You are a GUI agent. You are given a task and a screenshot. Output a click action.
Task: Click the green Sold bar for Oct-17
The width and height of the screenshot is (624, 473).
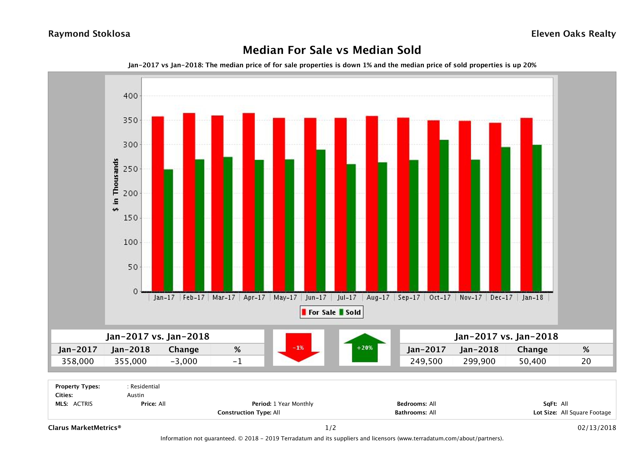[x=444, y=216]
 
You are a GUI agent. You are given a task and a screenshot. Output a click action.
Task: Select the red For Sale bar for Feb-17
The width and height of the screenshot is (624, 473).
[x=189, y=202]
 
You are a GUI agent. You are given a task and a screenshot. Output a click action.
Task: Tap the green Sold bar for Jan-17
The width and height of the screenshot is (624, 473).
[x=168, y=230]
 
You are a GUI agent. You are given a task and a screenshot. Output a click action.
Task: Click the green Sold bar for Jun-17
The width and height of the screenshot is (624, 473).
[x=321, y=220]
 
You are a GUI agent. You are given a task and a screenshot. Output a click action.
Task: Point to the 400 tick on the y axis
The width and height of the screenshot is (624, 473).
[x=130, y=96]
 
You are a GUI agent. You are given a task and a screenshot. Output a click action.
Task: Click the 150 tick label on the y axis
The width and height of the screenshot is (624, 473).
[x=130, y=218]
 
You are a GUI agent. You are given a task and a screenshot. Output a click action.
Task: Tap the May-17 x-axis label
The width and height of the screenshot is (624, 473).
[x=285, y=297]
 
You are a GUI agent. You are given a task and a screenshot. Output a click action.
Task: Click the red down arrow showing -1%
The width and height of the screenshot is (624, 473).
[x=298, y=348]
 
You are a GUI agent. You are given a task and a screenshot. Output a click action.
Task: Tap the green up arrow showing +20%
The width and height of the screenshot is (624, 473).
[x=365, y=348]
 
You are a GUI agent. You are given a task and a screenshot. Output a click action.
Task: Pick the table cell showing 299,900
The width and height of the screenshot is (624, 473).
[x=479, y=361]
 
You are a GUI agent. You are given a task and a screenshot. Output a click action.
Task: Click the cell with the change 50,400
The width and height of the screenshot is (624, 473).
[x=532, y=361]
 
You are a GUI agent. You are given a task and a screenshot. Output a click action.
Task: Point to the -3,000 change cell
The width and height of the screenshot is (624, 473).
[x=184, y=361]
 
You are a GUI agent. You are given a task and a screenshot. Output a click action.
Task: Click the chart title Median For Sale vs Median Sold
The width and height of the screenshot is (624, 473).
[x=332, y=50]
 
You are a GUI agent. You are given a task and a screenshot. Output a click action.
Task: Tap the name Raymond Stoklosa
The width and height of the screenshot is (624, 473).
[x=89, y=34]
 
